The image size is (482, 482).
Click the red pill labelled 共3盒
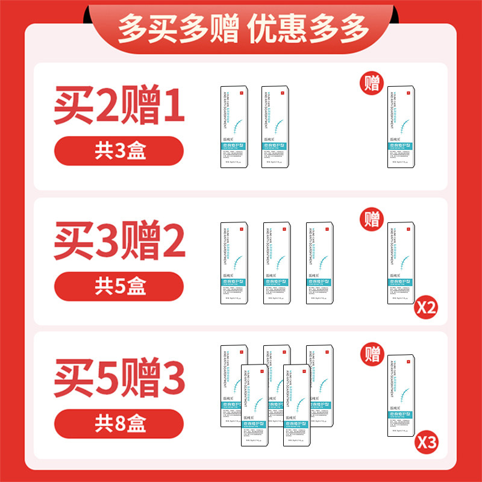coord(119,151)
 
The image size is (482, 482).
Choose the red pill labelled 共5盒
coord(119,286)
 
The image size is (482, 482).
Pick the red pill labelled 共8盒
coord(119,421)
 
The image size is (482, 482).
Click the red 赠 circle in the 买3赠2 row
coord(373,218)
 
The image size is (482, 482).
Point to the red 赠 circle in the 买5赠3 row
coord(373,352)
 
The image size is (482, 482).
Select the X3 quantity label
coord(425,443)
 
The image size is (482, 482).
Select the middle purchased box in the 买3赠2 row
coord(277,263)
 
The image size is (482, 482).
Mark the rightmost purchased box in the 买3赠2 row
coord(320,263)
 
